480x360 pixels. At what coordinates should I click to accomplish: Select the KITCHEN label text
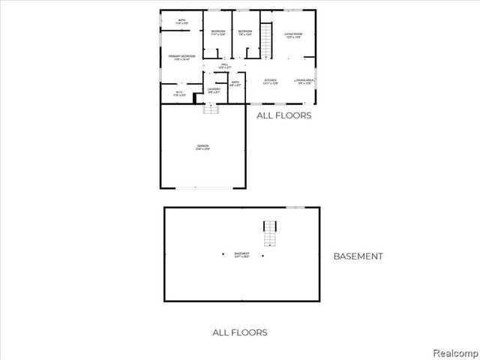pyautogui.click(x=271, y=81)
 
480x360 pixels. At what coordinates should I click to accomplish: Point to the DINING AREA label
pyautogui.click(x=304, y=81)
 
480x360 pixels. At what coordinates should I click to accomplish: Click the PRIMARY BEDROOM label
pyautogui.click(x=183, y=57)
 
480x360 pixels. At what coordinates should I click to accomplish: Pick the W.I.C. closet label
pyautogui.click(x=178, y=94)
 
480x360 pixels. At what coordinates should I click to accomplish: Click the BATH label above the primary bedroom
pyautogui.click(x=182, y=22)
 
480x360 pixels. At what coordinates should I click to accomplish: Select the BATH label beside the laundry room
pyautogui.click(x=235, y=83)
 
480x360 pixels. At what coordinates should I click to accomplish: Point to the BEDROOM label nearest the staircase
pyautogui.click(x=244, y=32)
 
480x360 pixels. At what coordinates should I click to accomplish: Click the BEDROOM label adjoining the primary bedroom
pyautogui.click(x=217, y=32)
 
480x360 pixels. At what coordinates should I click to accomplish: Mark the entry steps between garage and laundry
pyautogui.click(x=212, y=108)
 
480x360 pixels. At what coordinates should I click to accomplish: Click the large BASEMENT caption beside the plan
pyautogui.click(x=358, y=256)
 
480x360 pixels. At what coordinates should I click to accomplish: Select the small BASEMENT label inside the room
pyautogui.click(x=241, y=254)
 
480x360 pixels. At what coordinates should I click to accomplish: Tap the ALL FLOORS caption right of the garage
pyautogui.click(x=283, y=116)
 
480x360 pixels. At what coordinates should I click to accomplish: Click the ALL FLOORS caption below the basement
pyautogui.click(x=240, y=332)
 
